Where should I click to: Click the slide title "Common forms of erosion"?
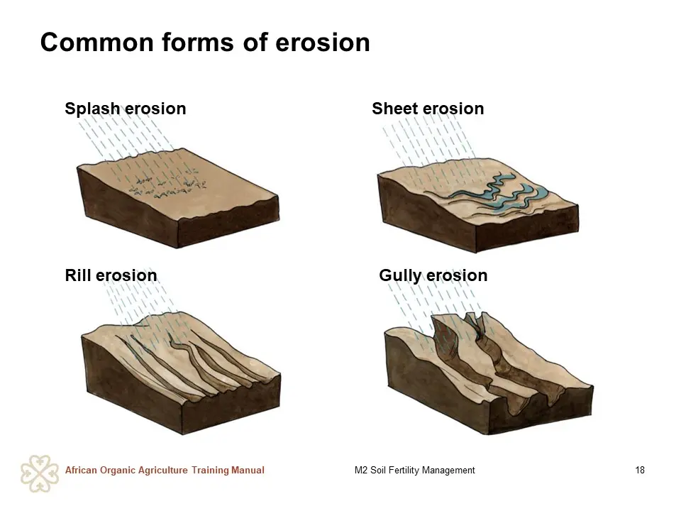coord(205,43)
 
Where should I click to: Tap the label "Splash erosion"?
coord(126,109)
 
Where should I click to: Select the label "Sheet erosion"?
coord(428,109)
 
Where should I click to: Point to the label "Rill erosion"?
coord(111,275)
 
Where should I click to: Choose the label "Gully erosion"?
coord(433,276)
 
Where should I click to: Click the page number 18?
coord(640,470)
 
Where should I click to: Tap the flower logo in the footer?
coord(40,473)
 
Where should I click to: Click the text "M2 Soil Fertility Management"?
coord(415,470)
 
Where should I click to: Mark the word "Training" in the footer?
coord(210,471)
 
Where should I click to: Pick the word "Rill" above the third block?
coord(78,275)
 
